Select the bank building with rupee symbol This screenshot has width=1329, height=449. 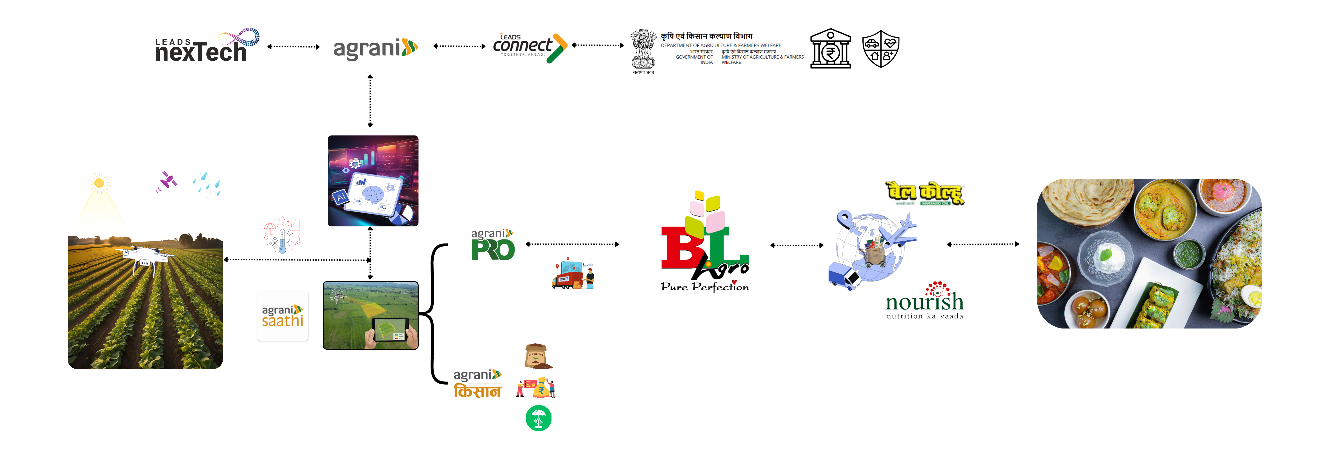coord(830,49)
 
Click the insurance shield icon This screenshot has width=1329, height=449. coord(881,49)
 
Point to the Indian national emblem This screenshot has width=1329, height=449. coord(643,50)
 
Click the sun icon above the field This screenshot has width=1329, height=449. coord(99,183)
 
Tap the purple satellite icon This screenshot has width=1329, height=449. coord(167,181)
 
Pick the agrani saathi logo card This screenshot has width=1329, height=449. coord(282,315)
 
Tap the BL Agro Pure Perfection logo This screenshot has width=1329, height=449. coord(705,243)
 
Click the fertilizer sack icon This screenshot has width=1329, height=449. coord(537,356)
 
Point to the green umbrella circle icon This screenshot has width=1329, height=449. coord(538,418)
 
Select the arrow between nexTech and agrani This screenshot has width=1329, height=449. coord(294,46)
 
